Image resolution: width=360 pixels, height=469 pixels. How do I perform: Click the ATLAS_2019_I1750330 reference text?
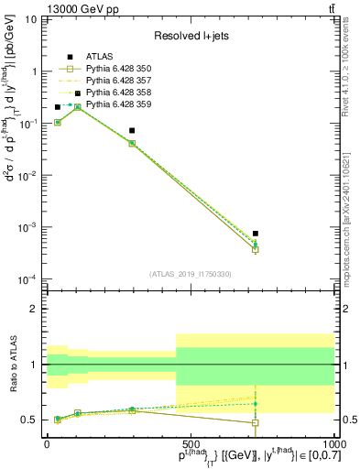tap(191, 274)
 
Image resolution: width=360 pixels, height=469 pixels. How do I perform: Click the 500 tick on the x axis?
tap(191, 443)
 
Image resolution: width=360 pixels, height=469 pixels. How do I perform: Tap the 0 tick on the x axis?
tap(47, 443)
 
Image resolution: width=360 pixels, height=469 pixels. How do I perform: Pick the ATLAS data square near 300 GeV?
tap(132, 131)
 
